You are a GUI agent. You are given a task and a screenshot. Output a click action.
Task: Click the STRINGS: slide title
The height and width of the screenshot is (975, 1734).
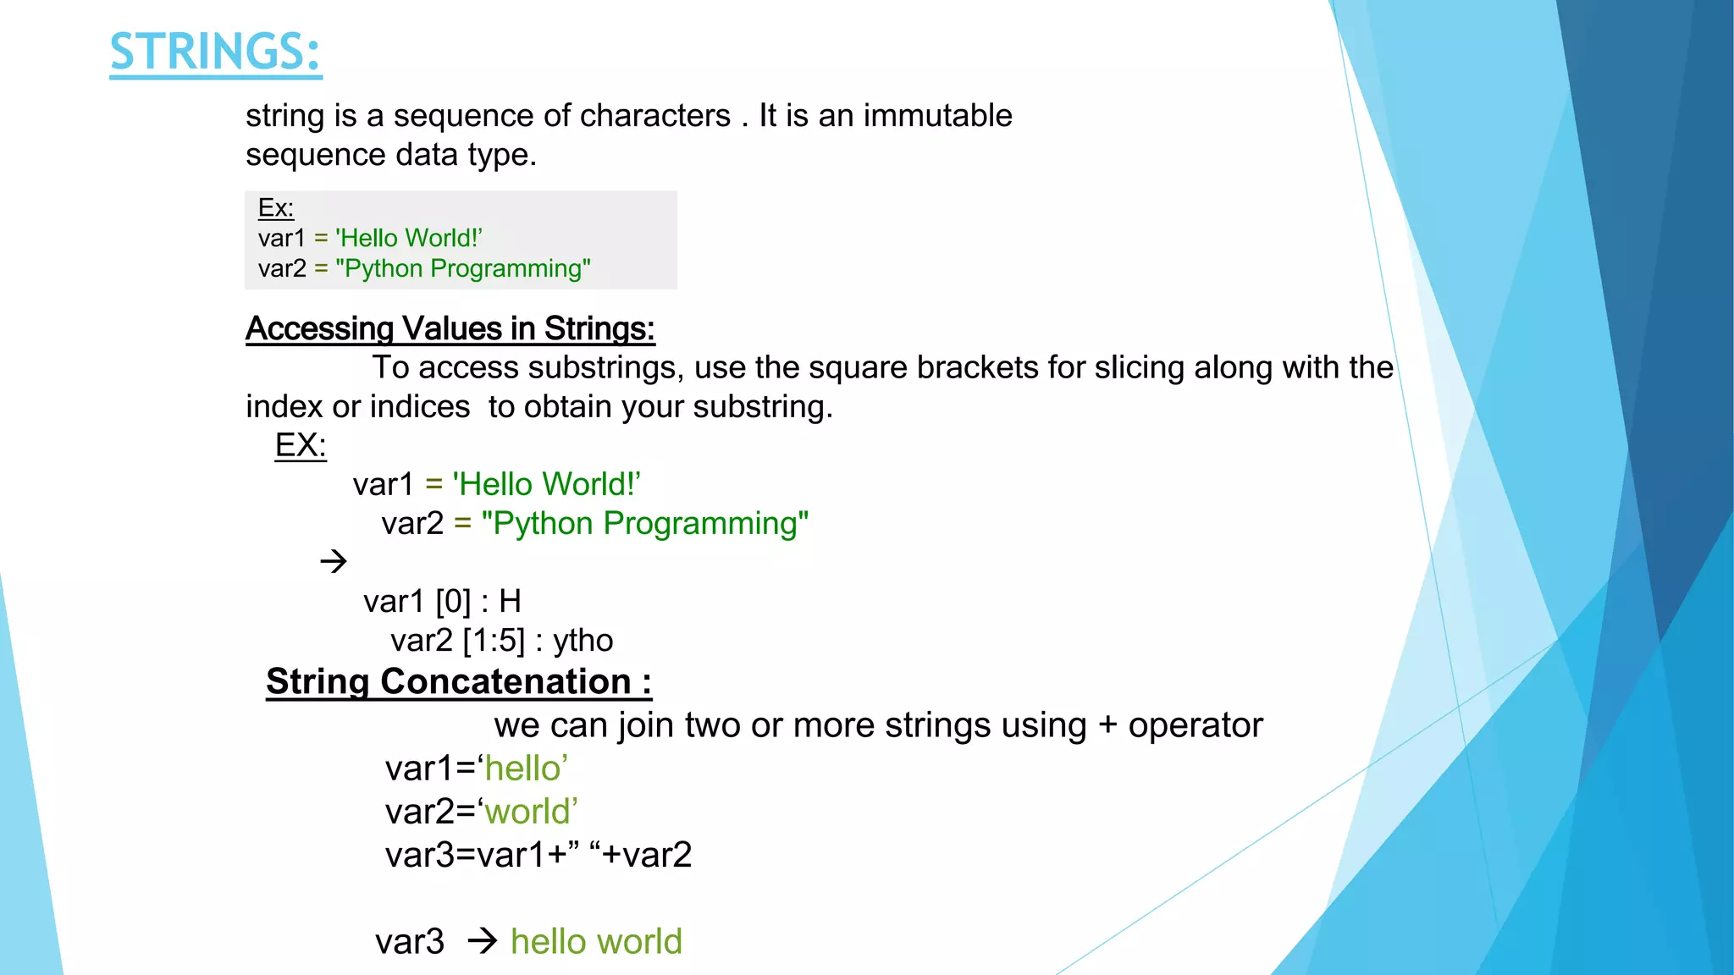click(x=215, y=52)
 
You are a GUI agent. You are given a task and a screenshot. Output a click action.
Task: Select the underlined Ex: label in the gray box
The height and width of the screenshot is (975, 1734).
click(x=275, y=208)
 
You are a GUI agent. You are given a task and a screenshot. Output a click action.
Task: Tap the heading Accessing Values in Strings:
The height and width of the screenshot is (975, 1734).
click(x=450, y=328)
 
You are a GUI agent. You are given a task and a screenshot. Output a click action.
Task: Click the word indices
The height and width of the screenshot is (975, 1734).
click(x=419, y=407)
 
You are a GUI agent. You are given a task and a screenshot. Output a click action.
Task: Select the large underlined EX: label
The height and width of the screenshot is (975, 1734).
click(x=300, y=445)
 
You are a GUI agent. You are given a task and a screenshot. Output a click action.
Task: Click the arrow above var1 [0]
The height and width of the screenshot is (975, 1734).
click(x=334, y=561)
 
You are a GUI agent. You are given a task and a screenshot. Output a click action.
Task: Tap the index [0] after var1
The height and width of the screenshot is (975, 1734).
click(x=453, y=602)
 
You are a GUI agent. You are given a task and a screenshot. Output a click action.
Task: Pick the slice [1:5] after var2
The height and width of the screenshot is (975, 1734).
click(x=494, y=641)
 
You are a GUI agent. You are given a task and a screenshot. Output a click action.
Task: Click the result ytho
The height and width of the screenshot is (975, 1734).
click(x=583, y=641)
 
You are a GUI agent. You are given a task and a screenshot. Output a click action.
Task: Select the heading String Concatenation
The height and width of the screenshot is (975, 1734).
click(x=458, y=682)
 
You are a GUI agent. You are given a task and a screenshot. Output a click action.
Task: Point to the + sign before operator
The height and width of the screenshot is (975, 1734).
click(x=1107, y=726)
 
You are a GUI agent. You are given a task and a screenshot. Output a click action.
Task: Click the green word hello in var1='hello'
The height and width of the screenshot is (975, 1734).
click(x=522, y=768)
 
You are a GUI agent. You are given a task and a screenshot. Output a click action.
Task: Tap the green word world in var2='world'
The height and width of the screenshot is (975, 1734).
click(x=527, y=812)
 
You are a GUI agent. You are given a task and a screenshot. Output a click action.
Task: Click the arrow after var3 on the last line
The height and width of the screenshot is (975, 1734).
click(x=483, y=941)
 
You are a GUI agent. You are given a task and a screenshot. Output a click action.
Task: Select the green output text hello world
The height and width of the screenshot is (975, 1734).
click(x=596, y=942)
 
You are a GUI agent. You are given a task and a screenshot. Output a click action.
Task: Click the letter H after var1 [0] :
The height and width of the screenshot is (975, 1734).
click(x=510, y=602)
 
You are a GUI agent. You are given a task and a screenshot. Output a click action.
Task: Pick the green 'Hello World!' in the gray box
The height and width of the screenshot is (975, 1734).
click(x=409, y=239)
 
